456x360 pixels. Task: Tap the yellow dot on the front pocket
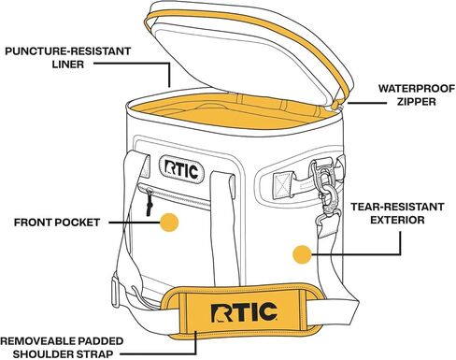(168, 222)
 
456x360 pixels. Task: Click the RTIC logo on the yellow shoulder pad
(239, 310)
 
